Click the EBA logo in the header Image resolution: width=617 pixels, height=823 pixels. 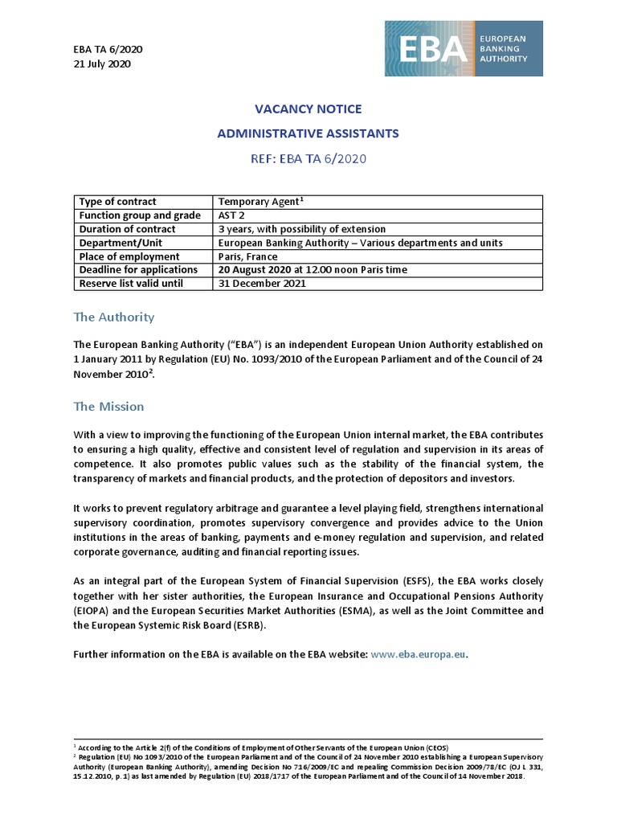point(464,48)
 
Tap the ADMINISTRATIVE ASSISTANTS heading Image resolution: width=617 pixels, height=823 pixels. point(308,133)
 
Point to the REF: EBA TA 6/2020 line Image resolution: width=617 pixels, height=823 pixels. point(308,158)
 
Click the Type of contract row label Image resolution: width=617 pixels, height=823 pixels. point(117,202)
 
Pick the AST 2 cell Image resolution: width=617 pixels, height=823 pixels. point(232,215)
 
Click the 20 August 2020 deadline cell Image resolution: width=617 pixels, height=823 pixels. point(313,270)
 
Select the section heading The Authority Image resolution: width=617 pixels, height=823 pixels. point(113,317)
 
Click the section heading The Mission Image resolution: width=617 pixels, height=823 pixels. point(108,407)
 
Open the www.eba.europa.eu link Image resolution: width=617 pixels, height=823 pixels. point(418,655)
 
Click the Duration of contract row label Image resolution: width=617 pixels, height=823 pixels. point(127,229)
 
